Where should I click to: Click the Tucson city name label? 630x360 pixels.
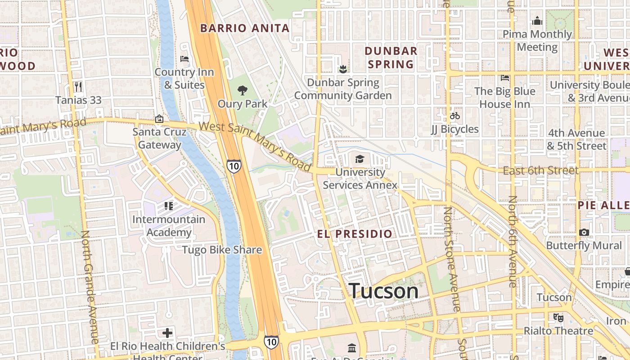point(383,291)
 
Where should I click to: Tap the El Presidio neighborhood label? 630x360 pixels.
point(355,234)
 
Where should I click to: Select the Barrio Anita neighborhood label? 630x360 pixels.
point(245,28)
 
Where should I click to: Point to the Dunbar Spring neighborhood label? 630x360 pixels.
point(391,57)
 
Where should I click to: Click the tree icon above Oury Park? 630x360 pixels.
point(243,90)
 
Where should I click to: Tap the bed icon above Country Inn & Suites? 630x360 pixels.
point(184,59)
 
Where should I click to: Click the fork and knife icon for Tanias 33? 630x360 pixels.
point(78,86)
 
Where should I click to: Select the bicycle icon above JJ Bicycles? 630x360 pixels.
point(454,116)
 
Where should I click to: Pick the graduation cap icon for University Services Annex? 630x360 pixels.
point(360,159)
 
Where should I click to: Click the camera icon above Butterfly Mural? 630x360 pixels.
point(584,233)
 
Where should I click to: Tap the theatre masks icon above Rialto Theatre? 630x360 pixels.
point(558,318)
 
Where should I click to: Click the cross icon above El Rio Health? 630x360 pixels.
point(167,333)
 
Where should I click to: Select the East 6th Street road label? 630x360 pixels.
point(540,171)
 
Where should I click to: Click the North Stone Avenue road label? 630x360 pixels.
point(451,259)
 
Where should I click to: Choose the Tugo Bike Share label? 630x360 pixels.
point(222,250)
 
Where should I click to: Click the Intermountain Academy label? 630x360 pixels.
point(169,226)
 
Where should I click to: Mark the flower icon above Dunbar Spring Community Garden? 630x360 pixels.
point(343,69)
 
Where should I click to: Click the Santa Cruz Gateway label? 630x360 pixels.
point(159,138)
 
